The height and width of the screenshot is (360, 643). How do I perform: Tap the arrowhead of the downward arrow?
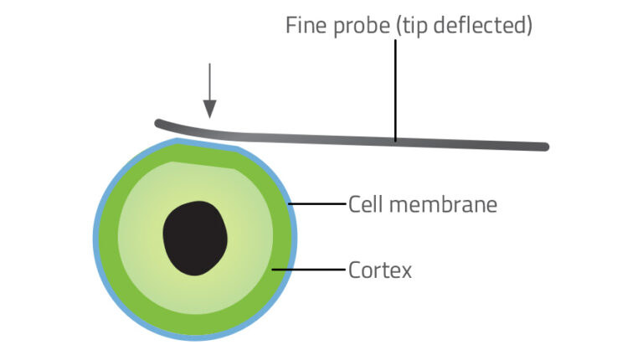coord(209,109)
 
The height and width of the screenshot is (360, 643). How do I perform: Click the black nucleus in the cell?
coord(194,238)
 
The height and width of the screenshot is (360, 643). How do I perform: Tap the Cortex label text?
coord(380,270)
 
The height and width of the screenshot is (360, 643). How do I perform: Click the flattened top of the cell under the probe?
coord(209,146)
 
